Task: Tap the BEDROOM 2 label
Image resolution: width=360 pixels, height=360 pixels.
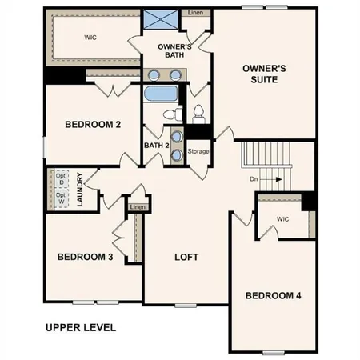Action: click(93, 124)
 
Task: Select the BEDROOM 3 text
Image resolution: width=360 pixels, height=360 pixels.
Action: click(85, 257)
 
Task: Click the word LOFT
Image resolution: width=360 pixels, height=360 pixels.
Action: click(186, 257)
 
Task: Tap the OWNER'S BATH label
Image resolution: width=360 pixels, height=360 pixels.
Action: click(171, 50)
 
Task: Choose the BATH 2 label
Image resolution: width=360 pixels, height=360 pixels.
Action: click(156, 146)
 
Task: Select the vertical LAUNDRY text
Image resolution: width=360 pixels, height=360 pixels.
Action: click(81, 189)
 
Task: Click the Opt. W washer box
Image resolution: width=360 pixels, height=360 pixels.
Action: click(60, 200)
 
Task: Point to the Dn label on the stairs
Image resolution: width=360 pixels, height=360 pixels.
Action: click(254, 179)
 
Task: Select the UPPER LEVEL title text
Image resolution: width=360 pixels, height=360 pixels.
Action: click(81, 327)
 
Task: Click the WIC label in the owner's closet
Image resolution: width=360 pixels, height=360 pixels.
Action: click(90, 37)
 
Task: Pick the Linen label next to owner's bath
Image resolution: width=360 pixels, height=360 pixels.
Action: click(194, 14)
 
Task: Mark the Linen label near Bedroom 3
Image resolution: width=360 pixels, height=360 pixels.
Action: click(138, 207)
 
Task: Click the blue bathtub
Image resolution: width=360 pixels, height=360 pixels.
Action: click(161, 94)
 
